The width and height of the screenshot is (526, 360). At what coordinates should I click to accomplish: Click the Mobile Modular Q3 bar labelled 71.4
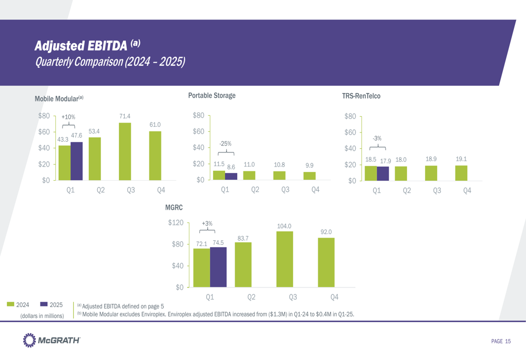(125, 151)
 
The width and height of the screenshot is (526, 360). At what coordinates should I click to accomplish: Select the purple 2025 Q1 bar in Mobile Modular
(76, 161)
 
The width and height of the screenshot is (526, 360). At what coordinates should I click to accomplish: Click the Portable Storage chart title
(211, 96)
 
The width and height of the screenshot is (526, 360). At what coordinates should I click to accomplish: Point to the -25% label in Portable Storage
(225, 143)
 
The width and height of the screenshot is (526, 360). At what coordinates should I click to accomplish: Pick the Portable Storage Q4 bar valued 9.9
(309, 176)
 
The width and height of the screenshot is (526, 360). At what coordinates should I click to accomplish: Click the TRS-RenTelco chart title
(361, 96)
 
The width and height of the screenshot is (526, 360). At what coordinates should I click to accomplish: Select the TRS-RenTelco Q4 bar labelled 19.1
(461, 173)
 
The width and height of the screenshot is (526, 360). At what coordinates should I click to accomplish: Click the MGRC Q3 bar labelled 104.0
(285, 259)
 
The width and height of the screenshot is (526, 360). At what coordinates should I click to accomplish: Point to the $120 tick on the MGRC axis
(175, 223)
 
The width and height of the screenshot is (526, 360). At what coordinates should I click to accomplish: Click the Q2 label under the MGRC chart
(251, 297)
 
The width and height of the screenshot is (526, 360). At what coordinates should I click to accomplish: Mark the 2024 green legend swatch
(11, 304)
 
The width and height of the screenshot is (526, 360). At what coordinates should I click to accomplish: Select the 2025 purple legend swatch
(44, 304)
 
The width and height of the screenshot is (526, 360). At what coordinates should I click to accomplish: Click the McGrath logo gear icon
(29, 341)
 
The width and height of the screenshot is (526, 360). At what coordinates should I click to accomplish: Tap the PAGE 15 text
(501, 342)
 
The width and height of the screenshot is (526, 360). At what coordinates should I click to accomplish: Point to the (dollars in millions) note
(42, 316)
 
